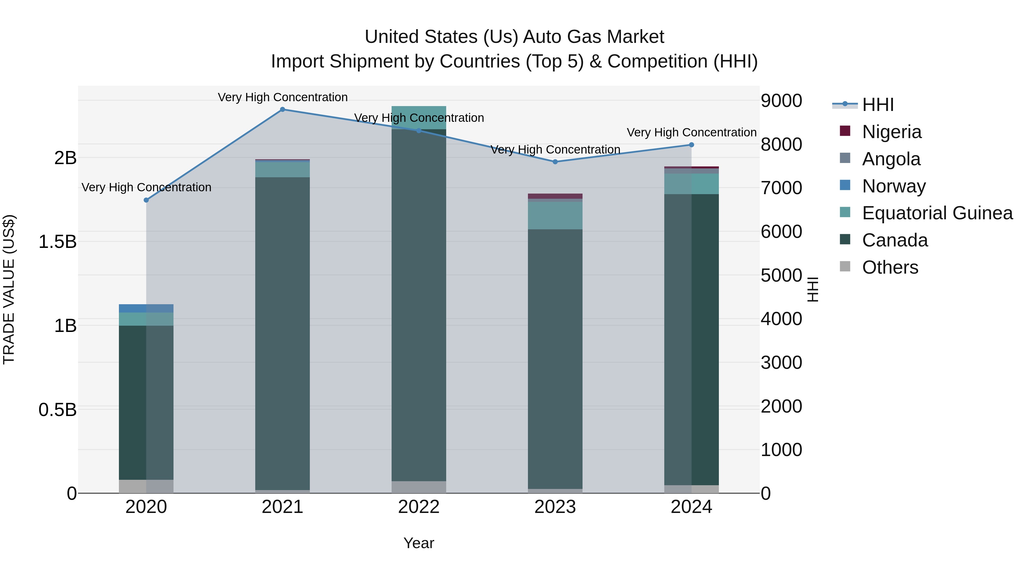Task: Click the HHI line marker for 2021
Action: click(x=282, y=110)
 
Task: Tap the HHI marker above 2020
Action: click(x=146, y=200)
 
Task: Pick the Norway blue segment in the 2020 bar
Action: click(x=146, y=309)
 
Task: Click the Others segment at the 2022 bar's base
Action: click(x=419, y=487)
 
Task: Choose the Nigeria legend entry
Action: click(x=891, y=132)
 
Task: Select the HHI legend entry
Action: click(x=877, y=105)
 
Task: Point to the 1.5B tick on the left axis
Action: click(x=57, y=242)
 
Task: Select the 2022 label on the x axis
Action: click(x=419, y=507)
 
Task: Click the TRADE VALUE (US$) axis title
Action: click(x=9, y=289)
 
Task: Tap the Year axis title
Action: click(x=419, y=543)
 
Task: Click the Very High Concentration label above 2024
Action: click(x=691, y=132)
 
